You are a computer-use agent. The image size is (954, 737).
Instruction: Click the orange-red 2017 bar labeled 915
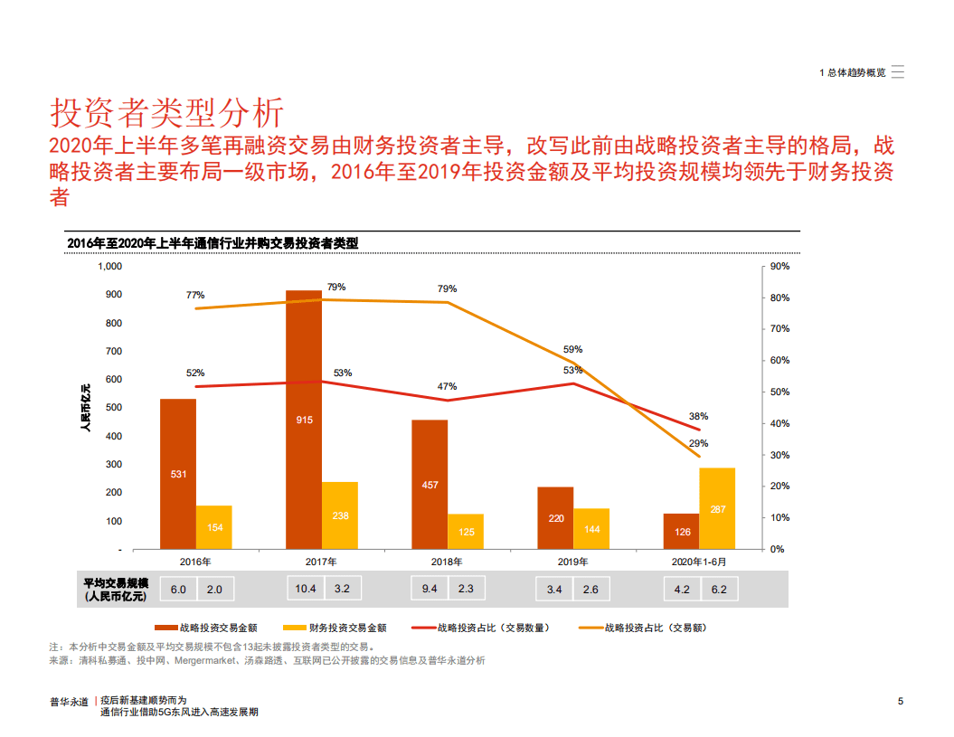click(x=304, y=420)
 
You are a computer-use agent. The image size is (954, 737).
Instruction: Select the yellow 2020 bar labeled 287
click(x=717, y=508)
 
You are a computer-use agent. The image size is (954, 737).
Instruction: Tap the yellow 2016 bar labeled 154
click(x=214, y=527)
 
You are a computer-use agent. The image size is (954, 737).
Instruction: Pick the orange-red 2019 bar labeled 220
click(x=556, y=518)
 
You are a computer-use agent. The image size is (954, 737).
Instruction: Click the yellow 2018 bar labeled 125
click(x=466, y=532)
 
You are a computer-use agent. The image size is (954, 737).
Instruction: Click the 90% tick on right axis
click(x=779, y=267)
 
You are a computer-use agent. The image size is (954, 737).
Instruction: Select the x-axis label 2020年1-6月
click(x=699, y=562)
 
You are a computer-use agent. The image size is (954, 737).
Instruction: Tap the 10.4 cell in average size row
click(x=306, y=590)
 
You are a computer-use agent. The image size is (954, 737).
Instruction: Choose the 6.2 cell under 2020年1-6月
click(x=719, y=590)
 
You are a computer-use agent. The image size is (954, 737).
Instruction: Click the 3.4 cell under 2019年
click(x=554, y=590)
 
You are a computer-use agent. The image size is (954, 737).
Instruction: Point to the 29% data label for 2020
click(x=698, y=443)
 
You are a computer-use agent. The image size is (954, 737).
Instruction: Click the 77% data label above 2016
click(x=195, y=295)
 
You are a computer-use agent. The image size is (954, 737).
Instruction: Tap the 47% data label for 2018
click(x=447, y=386)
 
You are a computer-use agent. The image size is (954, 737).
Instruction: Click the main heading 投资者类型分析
click(x=167, y=113)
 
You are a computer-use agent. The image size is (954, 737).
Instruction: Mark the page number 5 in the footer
click(x=901, y=701)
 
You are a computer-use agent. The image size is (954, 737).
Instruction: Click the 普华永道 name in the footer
click(x=69, y=701)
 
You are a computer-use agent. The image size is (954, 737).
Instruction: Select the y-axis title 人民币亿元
click(x=86, y=408)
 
